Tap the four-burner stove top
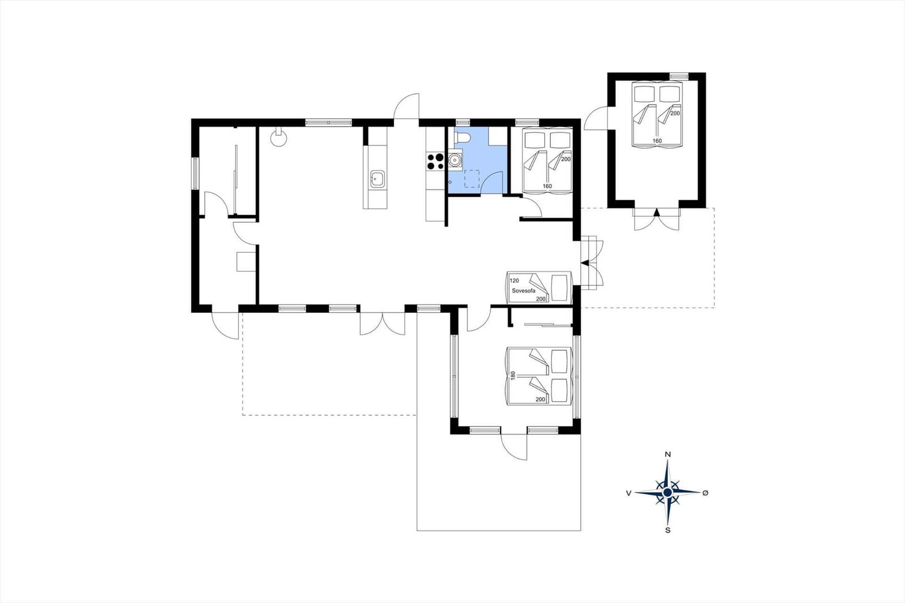[x=435, y=161]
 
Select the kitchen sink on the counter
[x=378, y=179]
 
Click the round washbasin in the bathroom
[x=455, y=160]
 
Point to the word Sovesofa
[x=523, y=291]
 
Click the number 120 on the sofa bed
[x=514, y=281]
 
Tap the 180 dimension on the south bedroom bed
[x=513, y=376]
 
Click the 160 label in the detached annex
[x=657, y=141]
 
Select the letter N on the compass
[x=668, y=454]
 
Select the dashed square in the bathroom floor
[x=472, y=179]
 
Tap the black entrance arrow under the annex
[x=657, y=212]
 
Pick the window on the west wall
[x=195, y=174]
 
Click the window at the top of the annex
[x=679, y=76]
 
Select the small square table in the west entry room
[x=245, y=261]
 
